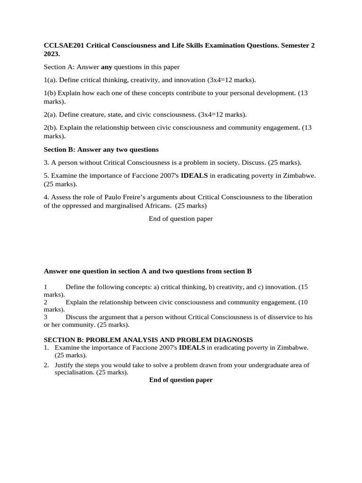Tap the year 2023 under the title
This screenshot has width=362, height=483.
click(x=52, y=54)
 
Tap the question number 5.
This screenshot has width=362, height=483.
click(x=46, y=175)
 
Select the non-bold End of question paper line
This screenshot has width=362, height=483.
click(x=181, y=219)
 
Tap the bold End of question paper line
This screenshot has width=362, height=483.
click(x=181, y=380)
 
